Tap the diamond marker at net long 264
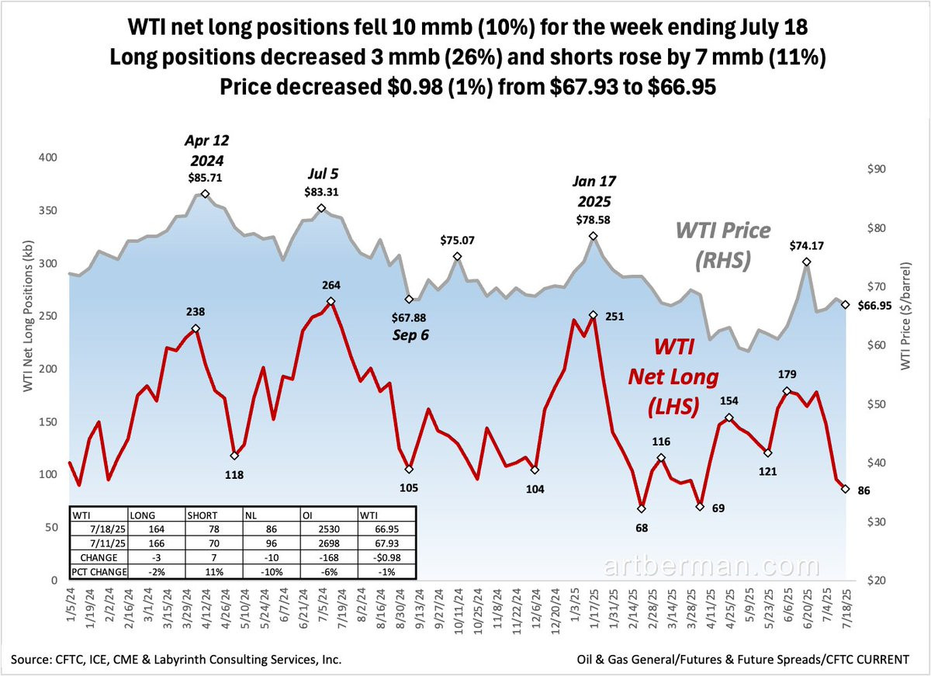331,301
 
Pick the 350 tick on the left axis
48,211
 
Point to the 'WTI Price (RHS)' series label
723,245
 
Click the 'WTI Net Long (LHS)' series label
672,376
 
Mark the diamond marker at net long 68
642,509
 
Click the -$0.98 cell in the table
380,558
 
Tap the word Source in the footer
36,660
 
